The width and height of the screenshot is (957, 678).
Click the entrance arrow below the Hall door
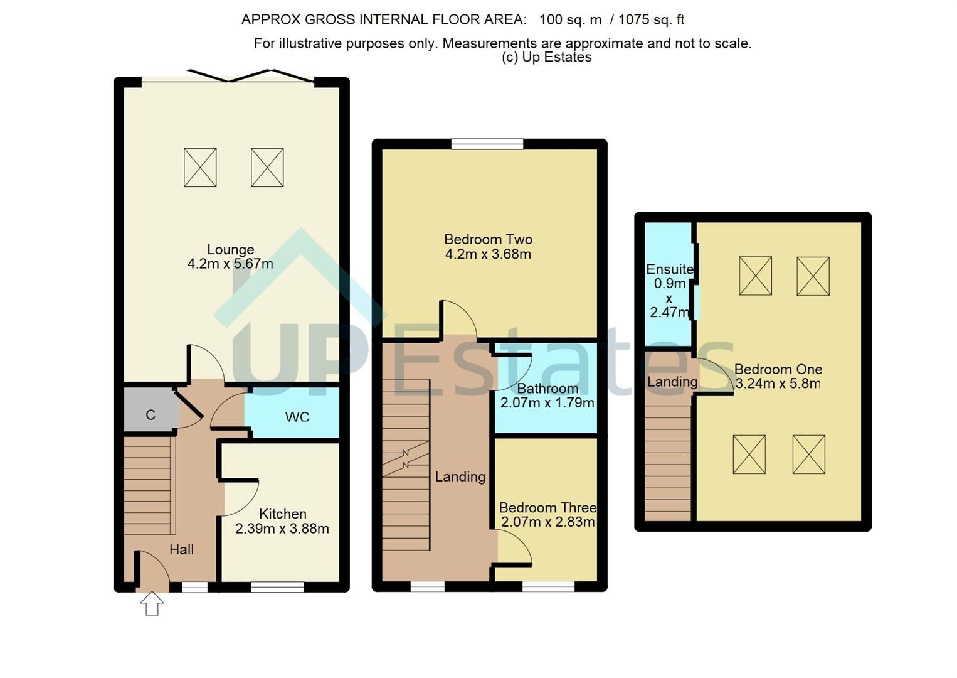(152, 603)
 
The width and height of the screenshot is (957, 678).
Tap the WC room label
(297, 417)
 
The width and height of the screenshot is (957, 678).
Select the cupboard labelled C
(151, 415)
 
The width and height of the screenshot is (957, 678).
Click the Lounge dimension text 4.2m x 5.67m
(230, 264)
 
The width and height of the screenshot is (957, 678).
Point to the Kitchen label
(282, 514)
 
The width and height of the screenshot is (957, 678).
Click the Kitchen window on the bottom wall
(277, 588)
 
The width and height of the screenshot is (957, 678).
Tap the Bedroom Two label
(488, 239)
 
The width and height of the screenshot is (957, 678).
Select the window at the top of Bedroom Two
(487, 144)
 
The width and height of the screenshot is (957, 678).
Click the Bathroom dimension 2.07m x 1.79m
(547, 403)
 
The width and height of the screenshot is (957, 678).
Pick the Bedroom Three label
(547, 507)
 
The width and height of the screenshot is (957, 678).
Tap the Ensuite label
(669, 269)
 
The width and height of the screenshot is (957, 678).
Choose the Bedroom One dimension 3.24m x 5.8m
(778, 384)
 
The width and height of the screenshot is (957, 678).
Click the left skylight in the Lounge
(200, 168)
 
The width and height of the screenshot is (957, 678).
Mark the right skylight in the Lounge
(267, 168)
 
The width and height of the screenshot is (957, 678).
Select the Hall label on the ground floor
(181, 549)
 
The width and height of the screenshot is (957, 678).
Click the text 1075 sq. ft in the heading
(651, 19)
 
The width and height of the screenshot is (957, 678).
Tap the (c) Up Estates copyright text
(546, 57)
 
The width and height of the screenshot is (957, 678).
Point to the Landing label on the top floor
(672, 382)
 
